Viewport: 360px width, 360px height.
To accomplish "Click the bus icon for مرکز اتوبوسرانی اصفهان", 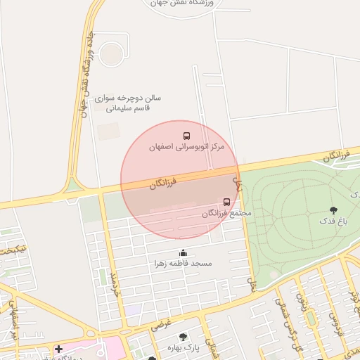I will coord(186,136).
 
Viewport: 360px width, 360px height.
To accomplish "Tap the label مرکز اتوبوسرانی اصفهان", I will coord(186,148).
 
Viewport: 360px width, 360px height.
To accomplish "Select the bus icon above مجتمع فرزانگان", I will coord(226,202).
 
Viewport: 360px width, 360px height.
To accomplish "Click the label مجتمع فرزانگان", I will coord(226,212).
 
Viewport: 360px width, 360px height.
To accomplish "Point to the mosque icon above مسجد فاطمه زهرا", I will coord(184,252).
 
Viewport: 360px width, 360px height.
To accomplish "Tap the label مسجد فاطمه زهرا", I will coord(184,264).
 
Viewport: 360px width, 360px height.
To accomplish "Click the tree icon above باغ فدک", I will coord(333,210).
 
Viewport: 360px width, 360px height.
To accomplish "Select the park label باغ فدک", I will coord(333,221).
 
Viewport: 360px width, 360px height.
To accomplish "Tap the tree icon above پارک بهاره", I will coord(184,337).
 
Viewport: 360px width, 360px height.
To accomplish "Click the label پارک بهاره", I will coord(184,347).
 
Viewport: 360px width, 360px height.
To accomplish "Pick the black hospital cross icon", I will coord(58,349).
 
